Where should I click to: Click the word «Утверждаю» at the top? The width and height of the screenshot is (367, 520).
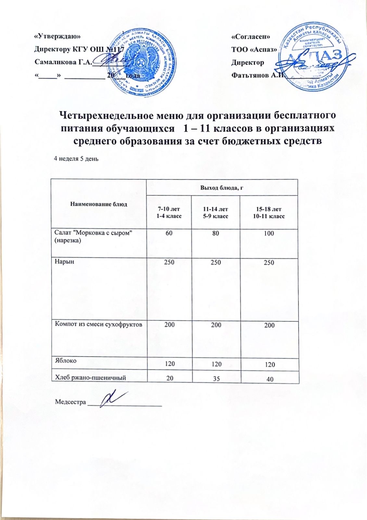(57, 36)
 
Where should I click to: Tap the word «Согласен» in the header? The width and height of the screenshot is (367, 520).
(250, 36)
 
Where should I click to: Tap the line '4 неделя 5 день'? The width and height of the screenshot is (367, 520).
(76, 159)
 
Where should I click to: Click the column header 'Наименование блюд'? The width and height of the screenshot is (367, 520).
(98, 204)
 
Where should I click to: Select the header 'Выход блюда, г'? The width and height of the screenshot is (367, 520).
(222, 188)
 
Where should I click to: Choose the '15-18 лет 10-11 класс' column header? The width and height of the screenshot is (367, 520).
(269, 212)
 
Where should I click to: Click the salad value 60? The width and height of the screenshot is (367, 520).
(169, 233)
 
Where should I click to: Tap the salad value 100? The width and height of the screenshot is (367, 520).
(269, 233)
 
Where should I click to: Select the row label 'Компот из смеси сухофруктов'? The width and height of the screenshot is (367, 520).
(99, 324)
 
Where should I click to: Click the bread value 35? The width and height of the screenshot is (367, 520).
(216, 378)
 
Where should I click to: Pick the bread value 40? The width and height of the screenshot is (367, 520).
(270, 379)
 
